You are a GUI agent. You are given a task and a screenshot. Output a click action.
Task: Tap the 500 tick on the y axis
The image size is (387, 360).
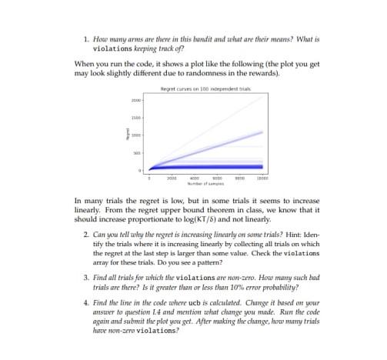click(x=137, y=152)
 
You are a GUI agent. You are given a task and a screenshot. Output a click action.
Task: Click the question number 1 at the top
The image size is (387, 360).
click(x=85, y=37)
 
